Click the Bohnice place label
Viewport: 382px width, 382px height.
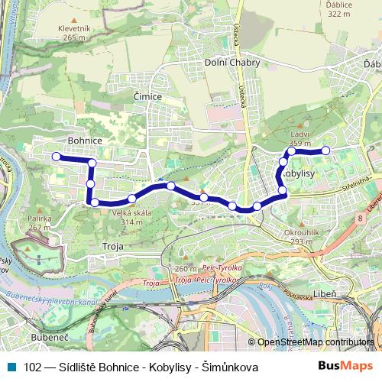[x=85, y=141]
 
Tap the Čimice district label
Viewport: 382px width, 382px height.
[x=147, y=97]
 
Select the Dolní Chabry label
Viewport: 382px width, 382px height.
[x=232, y=63]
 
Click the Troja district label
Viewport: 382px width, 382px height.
[x=112, y=247]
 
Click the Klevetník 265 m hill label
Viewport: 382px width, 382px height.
[x=73, y=32]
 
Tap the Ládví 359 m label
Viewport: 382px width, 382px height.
[x=300, y=138]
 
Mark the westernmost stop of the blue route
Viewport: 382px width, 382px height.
[x=56, y=157]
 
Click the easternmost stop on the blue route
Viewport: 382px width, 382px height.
[x=325, y=150]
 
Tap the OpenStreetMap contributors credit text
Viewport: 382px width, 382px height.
[x=316, y=342]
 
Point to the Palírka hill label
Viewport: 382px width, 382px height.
[x=39, y=219]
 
